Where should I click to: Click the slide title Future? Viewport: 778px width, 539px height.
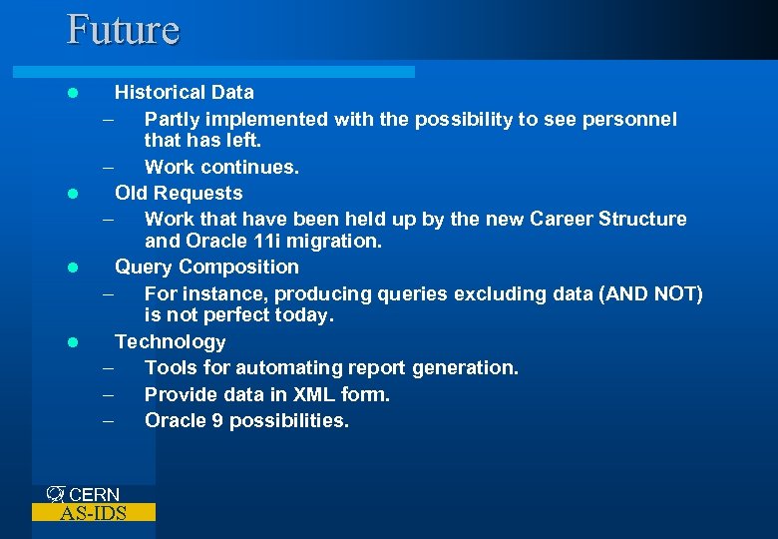123,29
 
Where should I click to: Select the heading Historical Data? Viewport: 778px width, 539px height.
185,93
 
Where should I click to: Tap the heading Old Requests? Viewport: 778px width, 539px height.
179,193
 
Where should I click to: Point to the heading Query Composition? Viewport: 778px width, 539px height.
206,268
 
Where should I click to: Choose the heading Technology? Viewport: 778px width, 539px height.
171,342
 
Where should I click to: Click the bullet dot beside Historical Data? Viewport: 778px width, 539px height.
72,93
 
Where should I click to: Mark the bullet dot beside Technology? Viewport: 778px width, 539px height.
72,342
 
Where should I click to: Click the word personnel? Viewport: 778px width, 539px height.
628,120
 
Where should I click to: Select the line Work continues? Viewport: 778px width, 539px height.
221,168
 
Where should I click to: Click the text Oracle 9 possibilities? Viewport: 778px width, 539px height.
246,421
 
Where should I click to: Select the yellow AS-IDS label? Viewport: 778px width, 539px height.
94,513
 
